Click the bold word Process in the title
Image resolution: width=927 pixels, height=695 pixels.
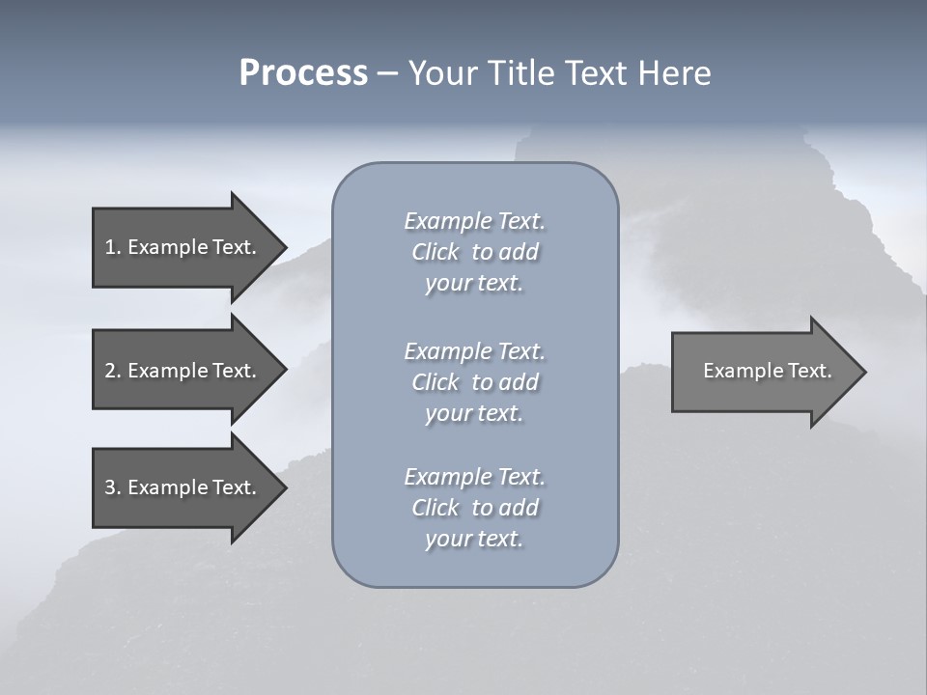303,73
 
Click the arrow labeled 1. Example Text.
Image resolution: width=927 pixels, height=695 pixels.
183,247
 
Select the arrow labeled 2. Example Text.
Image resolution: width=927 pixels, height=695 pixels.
183,371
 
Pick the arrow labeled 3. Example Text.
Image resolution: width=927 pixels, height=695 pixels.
183,487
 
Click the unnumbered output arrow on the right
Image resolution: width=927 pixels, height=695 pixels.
763,371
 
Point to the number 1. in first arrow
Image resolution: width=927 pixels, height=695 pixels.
112,247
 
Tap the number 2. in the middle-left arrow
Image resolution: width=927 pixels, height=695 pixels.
112,371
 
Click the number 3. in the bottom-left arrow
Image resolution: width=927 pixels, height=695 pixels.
112,487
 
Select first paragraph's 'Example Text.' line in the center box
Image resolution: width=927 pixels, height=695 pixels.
474,221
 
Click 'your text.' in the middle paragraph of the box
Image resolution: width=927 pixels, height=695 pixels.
474,413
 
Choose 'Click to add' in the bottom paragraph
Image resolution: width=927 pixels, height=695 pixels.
474,508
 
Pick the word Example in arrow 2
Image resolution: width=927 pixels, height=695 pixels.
167,371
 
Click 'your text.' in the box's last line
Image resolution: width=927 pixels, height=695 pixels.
474,539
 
